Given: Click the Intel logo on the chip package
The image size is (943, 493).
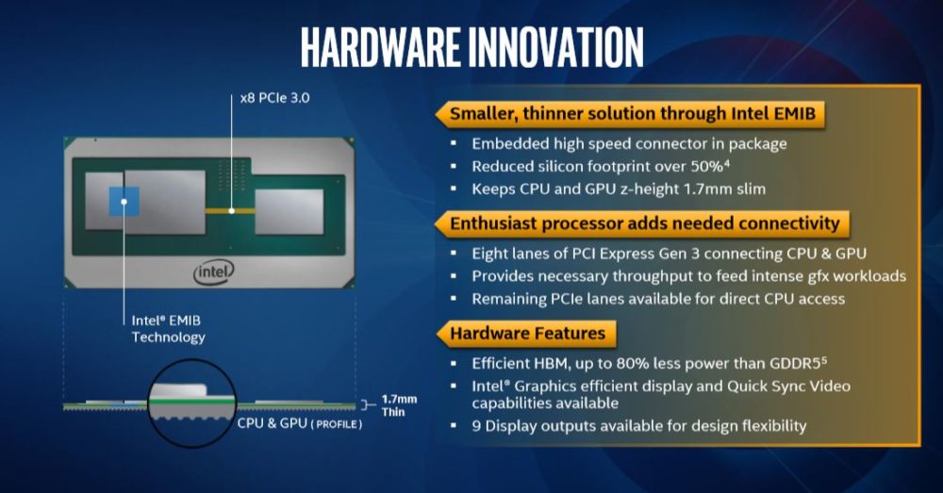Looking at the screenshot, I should pos(214,272).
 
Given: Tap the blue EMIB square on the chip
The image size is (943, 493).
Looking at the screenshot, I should pos(124,202).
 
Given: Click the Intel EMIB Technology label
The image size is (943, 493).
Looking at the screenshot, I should pos(168,329).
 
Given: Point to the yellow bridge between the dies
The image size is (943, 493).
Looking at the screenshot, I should pos(232,210).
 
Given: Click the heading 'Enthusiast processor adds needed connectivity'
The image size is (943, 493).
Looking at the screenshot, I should pos(644,224).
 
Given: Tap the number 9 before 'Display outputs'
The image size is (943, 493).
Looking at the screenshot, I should pos(476,425).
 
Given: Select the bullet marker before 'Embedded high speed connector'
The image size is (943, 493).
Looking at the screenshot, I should pos(454,143).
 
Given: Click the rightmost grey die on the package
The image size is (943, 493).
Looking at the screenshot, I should pos(288,210).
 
